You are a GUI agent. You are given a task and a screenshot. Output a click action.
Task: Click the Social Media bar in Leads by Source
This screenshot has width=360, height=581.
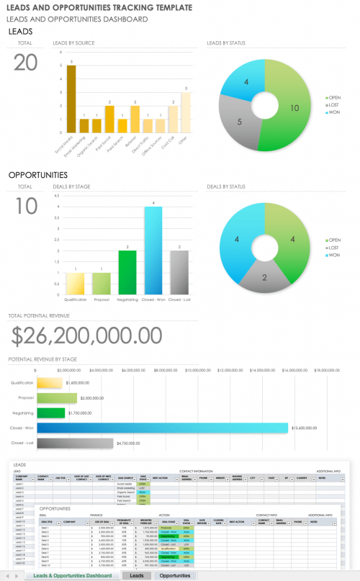point(71,99)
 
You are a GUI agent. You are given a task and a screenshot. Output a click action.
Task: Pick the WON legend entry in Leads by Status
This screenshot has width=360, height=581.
point(333,112)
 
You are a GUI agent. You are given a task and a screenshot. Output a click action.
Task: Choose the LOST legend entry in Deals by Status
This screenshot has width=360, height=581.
point(333,248)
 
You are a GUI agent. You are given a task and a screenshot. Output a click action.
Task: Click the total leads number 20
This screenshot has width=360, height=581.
point(26,63)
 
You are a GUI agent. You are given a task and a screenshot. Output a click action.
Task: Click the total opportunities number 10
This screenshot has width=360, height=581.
point(26,206)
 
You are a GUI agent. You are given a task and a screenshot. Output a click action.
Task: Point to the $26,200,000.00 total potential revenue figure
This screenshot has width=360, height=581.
point(86,335)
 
